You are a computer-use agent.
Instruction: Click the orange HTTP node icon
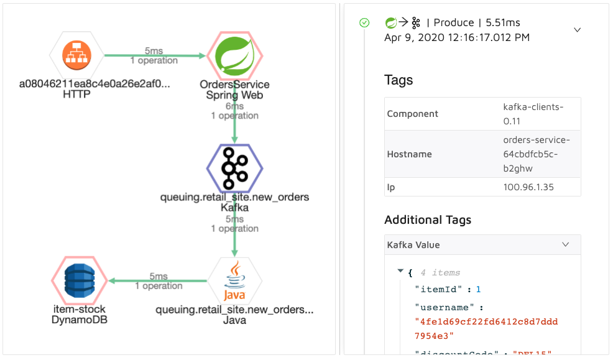77,57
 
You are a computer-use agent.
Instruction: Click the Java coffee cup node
234,282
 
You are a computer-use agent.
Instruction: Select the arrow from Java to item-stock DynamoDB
158,281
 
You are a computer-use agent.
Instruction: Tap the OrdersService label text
234,85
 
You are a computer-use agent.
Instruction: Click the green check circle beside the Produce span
365,23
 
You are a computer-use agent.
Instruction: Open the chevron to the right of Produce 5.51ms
577,30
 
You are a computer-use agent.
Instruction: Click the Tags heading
399,80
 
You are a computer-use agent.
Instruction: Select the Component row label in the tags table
412,114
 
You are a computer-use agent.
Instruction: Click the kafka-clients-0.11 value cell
533,113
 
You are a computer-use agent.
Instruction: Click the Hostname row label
409,154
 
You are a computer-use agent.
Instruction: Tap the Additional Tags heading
428,219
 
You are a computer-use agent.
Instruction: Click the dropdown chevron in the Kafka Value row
565,245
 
